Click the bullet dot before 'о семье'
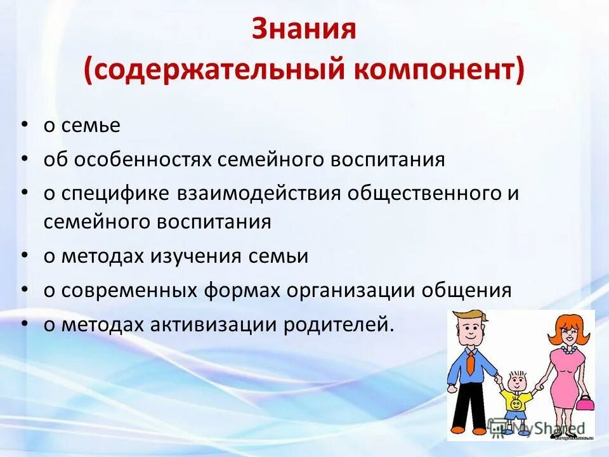click(x=23, y=125)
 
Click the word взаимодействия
click(x=258, y=193)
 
